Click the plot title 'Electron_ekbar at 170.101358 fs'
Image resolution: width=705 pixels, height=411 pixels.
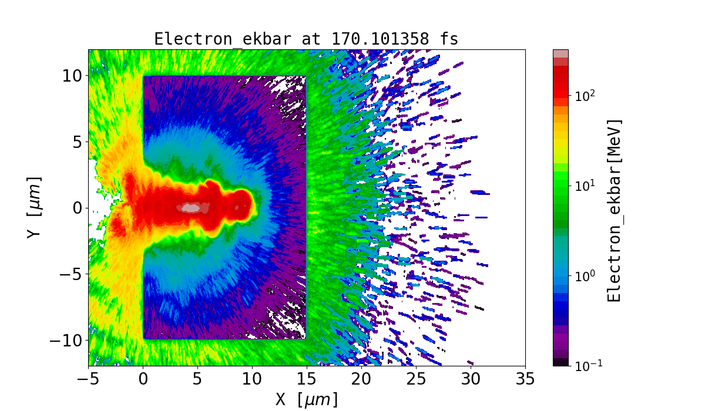click(x=306, y=39)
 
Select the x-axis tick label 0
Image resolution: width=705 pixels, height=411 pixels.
click(x=143, y=379)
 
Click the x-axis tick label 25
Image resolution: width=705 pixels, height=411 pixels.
click(x=416, y=379)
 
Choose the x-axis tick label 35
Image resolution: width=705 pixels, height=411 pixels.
click(x=525, y=379)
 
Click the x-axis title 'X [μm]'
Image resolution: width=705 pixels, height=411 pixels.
click(x=307, y=400)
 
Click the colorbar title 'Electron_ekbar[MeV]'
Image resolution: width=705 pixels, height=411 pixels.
click(x=615, y=210)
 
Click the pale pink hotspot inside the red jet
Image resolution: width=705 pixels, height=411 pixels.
click(x=191, y=207)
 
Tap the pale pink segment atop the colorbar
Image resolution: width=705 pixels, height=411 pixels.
click(x=560, y=53)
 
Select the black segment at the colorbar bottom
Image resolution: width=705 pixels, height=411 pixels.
click(x=560, y=362)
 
